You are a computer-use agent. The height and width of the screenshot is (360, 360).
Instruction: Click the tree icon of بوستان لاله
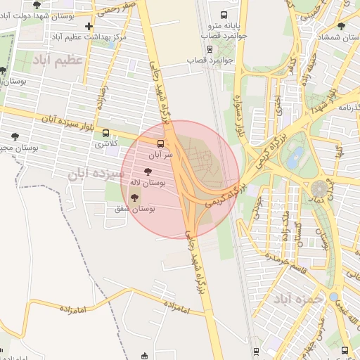click(x=148, y=171)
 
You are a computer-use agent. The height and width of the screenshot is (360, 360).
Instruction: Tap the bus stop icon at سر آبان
click(x=161, y=143)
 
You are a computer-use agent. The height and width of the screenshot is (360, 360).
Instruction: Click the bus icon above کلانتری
click(x=105, y=132)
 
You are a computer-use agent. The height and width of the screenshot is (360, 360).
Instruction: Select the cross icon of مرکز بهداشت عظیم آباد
click(x=88, y=27)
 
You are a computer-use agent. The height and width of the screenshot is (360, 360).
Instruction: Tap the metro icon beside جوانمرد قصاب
click(x=210, y=49)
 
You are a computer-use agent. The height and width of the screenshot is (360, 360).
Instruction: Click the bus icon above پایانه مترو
click(x=224, y=15)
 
